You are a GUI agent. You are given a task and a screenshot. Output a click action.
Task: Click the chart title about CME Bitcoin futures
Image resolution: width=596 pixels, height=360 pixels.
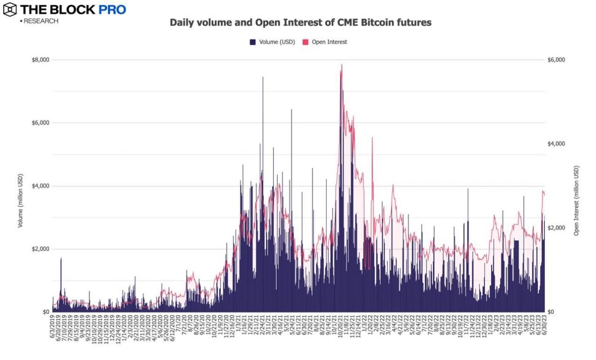(300, 22)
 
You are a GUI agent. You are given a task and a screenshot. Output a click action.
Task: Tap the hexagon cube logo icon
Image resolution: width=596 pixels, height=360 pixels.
(9, 9)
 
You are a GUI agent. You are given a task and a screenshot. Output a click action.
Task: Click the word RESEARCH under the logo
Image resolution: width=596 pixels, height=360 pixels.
(41, 21)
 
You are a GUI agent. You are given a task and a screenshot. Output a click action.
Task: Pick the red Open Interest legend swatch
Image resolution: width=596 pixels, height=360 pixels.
(305, 42)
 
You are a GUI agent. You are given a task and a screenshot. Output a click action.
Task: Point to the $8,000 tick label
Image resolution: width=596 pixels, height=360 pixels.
(40, 60)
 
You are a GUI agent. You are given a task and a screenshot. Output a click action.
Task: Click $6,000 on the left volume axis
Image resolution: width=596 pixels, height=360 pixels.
(40, 123)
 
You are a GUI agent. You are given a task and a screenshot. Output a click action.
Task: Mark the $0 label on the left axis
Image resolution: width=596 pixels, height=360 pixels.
(46, 312)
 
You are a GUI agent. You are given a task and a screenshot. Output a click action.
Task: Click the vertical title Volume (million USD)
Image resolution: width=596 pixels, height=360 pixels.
(20, 201)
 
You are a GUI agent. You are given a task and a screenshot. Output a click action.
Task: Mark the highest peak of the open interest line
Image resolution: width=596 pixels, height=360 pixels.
(341, 65)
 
